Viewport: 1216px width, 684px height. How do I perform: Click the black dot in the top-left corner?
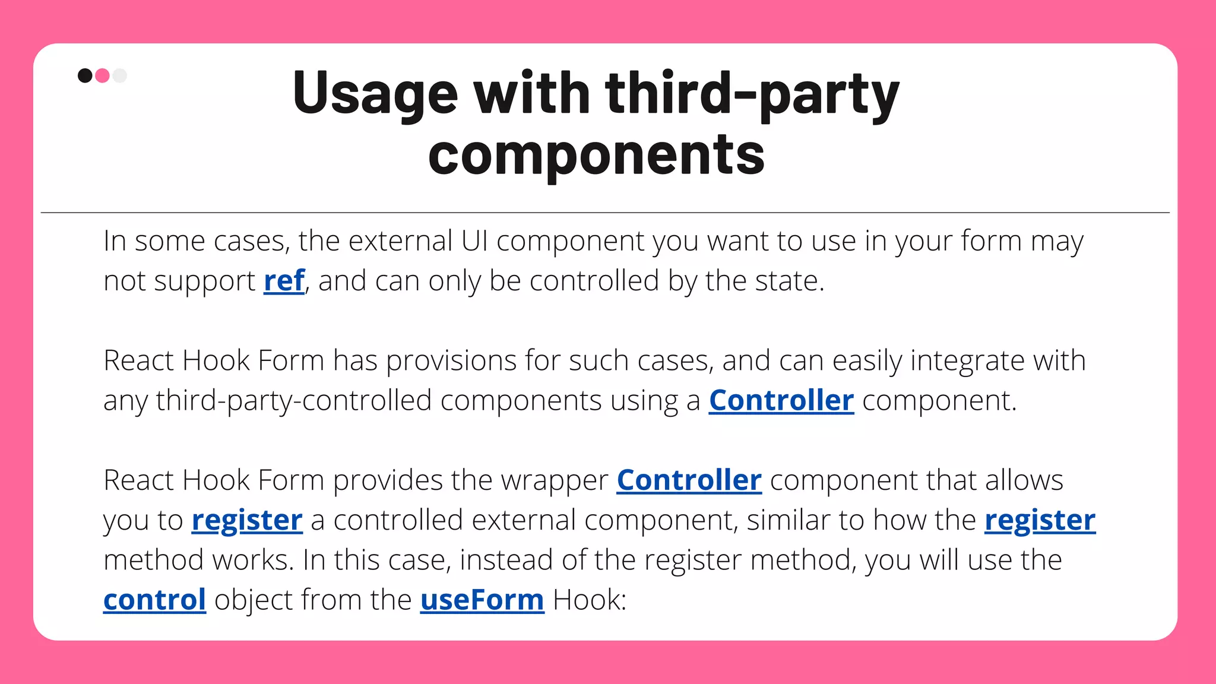point(85,75)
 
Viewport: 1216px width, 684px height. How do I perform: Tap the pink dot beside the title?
point(102,75)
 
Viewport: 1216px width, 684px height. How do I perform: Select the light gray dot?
point(120,75)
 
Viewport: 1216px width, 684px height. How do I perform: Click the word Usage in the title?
point(375,94)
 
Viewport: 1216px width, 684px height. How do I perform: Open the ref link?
point(284,281)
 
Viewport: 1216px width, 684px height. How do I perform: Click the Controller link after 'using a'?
point(781,400)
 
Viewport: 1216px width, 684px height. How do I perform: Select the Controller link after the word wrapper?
point(689,480)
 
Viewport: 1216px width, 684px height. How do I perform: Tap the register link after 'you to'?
point(247,520)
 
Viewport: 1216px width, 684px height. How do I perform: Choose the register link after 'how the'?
point(1040,520)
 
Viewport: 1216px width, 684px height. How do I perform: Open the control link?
point(154,600)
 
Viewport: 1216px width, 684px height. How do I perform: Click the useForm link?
point(482,600)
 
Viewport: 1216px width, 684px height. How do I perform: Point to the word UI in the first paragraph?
point(474,241)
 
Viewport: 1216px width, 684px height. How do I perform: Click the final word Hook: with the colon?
point(589,600)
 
